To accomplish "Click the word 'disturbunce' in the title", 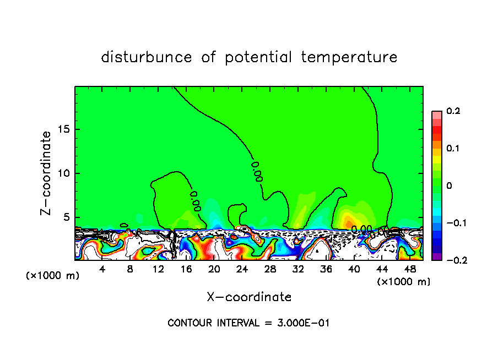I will [146, 57].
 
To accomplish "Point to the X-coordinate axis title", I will [249, 297].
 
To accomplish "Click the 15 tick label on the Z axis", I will [65, 129].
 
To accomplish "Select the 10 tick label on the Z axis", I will [65, 173].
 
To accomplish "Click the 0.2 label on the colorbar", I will [453, 111].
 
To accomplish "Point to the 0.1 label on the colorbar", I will [453, 148].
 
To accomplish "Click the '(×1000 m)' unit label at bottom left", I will [53, 276].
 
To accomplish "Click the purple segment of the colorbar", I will [437, 256].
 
